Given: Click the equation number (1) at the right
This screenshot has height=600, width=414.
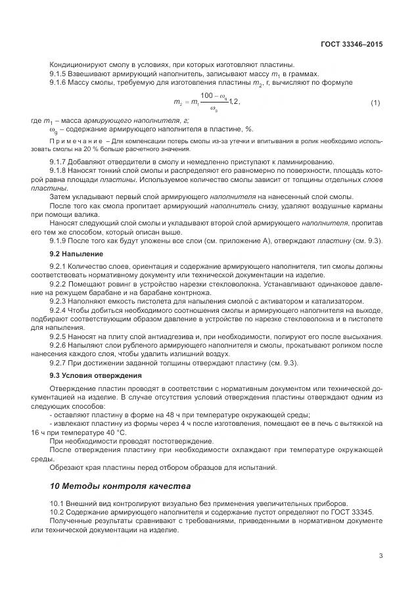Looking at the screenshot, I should (x=375, y=103).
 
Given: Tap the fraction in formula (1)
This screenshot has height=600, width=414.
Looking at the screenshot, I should (x=215, y=102).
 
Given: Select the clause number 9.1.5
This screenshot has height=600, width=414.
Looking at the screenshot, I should (x=60, y=74).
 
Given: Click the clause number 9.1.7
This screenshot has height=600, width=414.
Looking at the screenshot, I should (x=60, y=162).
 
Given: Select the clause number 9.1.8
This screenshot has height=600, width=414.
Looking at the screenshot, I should (x=60, y=170).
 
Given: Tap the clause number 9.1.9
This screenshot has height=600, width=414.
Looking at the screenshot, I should (x=60, y=241).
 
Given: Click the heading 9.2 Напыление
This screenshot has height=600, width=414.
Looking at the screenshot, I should (x=76, y=253).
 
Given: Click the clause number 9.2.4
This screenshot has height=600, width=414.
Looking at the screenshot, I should (x=60, y=310).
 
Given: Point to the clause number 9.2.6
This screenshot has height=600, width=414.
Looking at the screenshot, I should (x=60, y=344).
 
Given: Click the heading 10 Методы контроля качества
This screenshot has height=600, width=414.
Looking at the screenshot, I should (x=120, y=487).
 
